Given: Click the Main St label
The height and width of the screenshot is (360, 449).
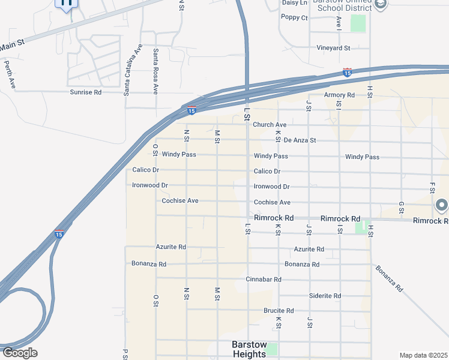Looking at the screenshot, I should coord(12,45).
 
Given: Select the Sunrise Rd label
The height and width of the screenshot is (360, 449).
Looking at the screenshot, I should coord(86,92).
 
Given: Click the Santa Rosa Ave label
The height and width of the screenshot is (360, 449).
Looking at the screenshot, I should coord(155,71).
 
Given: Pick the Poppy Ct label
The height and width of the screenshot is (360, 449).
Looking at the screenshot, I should coord(295,17).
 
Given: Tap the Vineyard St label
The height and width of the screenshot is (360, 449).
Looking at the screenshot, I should coord(333,47).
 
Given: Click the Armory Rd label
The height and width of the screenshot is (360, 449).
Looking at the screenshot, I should coord(339,95).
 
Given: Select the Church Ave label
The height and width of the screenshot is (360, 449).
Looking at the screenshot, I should coord(270,125).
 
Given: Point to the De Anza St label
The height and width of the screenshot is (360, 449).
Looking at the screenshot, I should coord(300,140).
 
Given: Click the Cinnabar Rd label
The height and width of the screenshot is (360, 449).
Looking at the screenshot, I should coord(264,280).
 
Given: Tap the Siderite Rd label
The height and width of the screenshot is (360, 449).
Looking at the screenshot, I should coord(325,296).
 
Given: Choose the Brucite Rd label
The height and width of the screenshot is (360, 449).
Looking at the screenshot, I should coord(279,311).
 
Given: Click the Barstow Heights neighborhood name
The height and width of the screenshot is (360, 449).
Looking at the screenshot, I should coord(249,350).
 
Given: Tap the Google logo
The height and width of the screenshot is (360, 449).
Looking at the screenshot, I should coord(19,353).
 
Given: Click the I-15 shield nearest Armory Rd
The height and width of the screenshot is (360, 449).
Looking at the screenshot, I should coord(347,73).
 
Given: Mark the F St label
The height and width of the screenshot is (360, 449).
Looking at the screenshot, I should coord(432,188).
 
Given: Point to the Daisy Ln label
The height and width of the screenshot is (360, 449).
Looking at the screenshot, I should coord(294,3).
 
